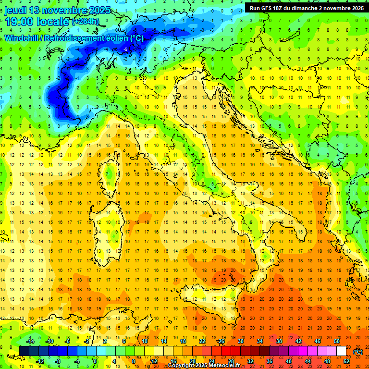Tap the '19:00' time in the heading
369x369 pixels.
coord(19,22)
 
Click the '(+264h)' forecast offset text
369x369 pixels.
coord(86,22)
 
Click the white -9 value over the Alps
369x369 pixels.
coord(125,49)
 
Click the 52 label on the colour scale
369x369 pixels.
coord(346,361)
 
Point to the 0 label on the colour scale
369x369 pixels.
coord(95,361)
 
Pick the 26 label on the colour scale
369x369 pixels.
coord(221,341)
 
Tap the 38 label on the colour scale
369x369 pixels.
coord(279,341)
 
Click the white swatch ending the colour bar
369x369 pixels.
coord(341,351)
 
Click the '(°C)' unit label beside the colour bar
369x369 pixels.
coord(358,351)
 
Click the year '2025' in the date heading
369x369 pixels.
coord(99,10)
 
